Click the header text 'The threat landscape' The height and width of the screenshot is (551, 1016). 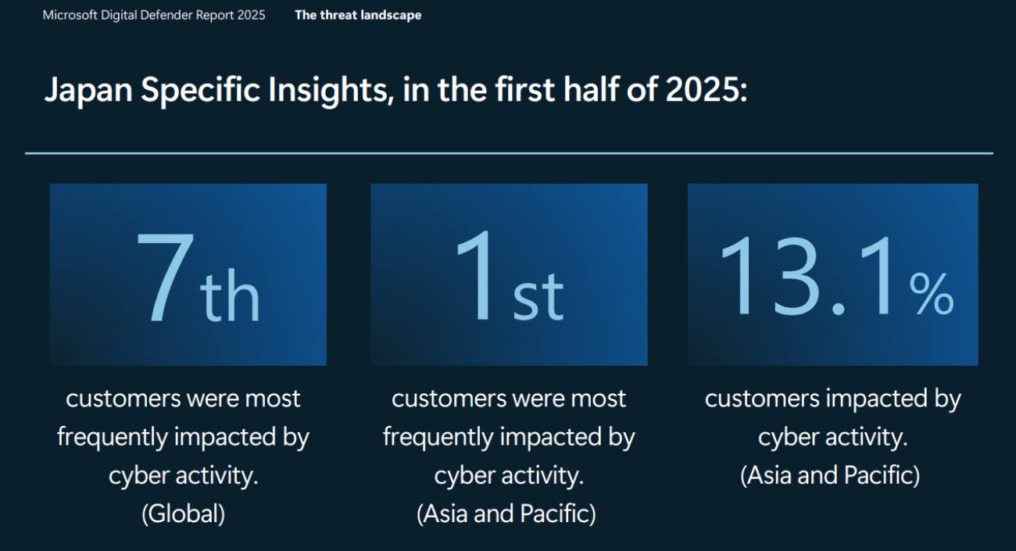pyautogui.click(x=358, y=16)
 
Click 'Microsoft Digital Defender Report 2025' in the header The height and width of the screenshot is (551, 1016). pyautogui.click(x=154, y=16)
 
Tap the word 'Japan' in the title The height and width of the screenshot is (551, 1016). pyautogui.click(x=88, y=90)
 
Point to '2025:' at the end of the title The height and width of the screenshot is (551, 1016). pyautogui.click(x=707, y=89)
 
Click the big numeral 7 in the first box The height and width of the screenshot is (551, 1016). pyautogui.click(x=165, y=277)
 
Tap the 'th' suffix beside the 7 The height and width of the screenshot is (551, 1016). pyautogui.click(x=230, y=295)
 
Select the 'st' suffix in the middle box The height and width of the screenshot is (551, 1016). pyautogui.click(x=538, y=297)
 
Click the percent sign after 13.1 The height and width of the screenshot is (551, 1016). pyautogui.click(x=931, y=293)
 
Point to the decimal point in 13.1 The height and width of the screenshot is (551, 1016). pyautogui.click(x=838, y=309)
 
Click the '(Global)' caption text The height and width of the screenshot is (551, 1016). pyautogui.click(x=183, y=514)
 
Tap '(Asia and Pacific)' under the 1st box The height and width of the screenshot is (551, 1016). pyautogui.click(x=506, y=514)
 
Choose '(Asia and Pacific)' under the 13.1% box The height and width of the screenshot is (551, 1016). pyautogui.click(x=830, y=476)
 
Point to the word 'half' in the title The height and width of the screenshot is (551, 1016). pyautogui.click(x=591, y=89)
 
